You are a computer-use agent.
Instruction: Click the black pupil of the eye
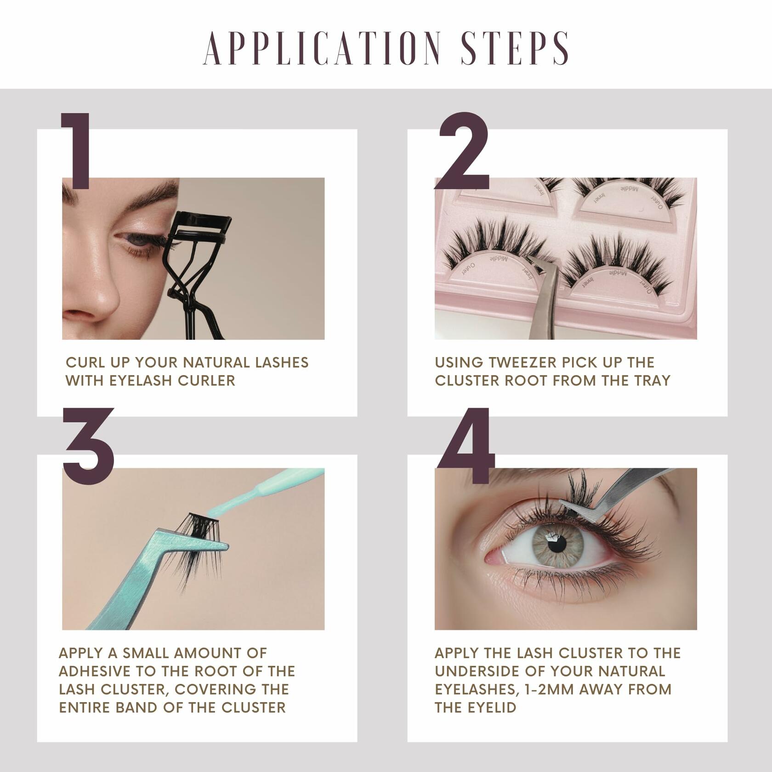pyautogui.click(x=557, y=545)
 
